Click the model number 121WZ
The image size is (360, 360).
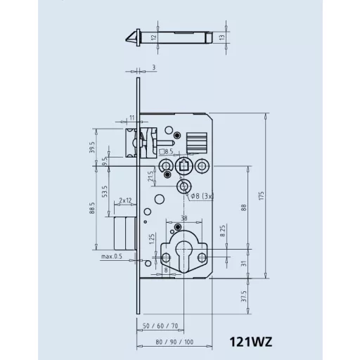pos(250,342)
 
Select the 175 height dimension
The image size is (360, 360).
pos(262,196)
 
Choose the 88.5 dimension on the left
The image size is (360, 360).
pos(93,209)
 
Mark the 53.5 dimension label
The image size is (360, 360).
pos(105,192)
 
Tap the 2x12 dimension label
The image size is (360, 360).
pos(126,200)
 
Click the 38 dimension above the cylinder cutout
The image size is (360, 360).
pos(184,218)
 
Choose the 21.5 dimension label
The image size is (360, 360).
pos(151,176)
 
